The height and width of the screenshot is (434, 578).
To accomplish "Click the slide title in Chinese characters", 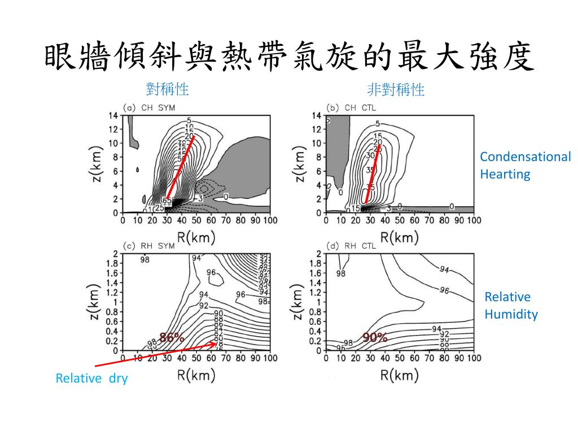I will pyautogui.click(x=288, y=58).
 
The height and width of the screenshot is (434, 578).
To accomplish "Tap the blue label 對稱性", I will pyautogui.click(x=167, y=89).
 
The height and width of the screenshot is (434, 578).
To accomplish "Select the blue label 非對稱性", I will pyautogui.click(x=396, y=89).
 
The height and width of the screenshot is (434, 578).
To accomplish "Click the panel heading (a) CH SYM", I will pyautogui.click(x=149, y=108).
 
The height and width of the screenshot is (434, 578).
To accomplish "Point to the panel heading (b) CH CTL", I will pyautogui.click(x=351, y=108).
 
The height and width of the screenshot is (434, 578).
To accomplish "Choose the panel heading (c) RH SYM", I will pyautogui.click(x=149, y=246).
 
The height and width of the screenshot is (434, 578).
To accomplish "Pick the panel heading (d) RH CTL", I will pyautogui.click(x=351, y=246).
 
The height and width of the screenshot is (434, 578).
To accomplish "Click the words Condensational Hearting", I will pyautogui.click(x=525, y=165).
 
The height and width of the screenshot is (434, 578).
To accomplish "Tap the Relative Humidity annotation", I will pyautogui.click(x=511, y=306).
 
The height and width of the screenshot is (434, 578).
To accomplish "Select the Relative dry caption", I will pyautogui.click(x=91, y=379).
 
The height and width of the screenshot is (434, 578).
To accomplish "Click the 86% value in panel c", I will pyautogui.click(x=172, y=338).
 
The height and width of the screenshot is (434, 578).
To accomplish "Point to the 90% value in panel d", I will pyautogui.click(x=375, y=338).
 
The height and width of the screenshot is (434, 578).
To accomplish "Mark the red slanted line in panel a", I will pyautogui.click(x=181, y=167).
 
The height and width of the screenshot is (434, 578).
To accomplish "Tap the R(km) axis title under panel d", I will pyautogui.click(x=400, y=375).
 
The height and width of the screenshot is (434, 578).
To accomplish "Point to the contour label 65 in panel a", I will pyautogui.click(x=167, y=201).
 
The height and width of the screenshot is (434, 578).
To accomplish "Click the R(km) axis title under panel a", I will pyautogui.click(x=196, y=237).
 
